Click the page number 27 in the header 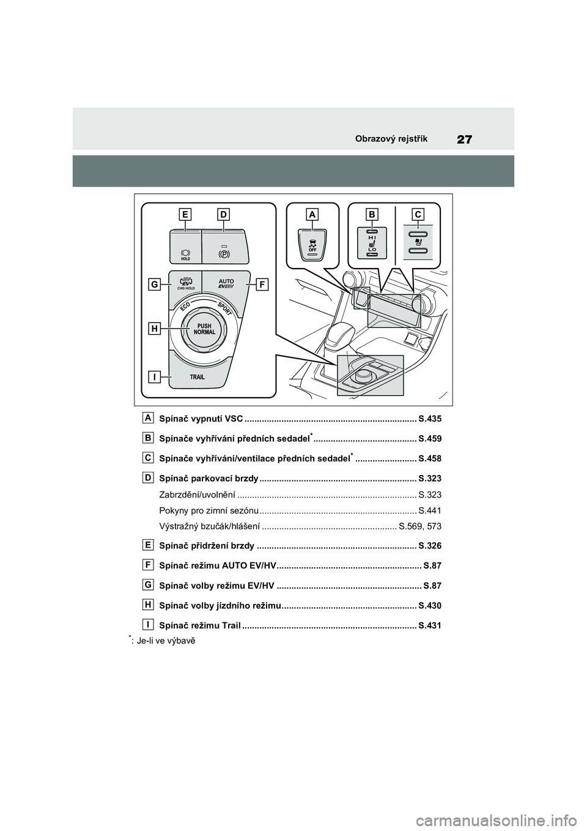click(465, 139)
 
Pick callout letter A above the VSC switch click(312, 214)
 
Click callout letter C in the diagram click(418, 214)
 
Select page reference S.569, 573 click(419, 526)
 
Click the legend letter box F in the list click(149, 564)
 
